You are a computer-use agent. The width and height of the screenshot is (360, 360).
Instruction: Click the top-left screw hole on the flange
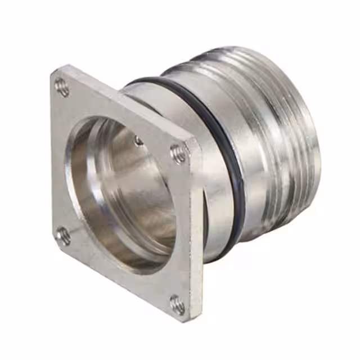click(x=62, y=86)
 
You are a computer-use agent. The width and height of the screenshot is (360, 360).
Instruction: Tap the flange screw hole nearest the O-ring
click(x=179, y=152)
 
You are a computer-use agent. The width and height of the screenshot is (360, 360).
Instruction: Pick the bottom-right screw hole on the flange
click(x=178, y=304)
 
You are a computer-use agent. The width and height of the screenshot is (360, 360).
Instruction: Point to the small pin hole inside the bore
click(x=138, y=141)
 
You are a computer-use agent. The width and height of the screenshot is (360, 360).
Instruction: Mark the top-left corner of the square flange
click(x=53, y=71)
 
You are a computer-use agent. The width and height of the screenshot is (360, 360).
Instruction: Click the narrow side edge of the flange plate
click(x=197, y=236)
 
